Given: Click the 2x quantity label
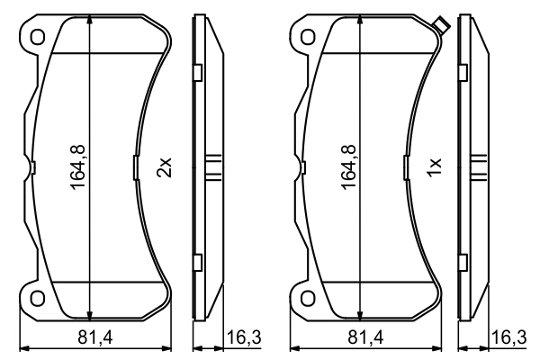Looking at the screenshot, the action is click(x=165, y=167).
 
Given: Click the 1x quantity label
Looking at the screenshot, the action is click(x=435, y=167).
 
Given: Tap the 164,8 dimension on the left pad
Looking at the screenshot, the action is click(x=77, y=167).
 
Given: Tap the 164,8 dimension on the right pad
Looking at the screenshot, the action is click(x=348, y=167).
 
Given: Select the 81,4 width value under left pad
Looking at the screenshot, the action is click(x=95, y=337).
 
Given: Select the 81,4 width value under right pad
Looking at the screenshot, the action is click(x=365, y=337).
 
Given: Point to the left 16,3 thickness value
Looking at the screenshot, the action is click(x=244, y=337).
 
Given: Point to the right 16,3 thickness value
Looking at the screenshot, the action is click(x=509, y=337).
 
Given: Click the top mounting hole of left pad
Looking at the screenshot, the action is click(x=38, y=37).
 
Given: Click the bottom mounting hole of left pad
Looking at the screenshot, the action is click(x=38, y=298).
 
